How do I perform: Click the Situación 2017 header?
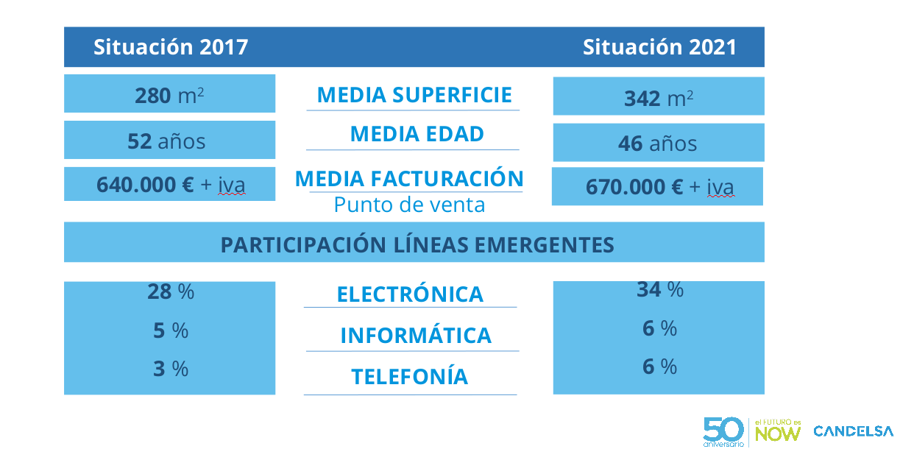click(171, 47)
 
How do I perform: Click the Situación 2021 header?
click(659, 47)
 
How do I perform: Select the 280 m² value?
click(169, 95)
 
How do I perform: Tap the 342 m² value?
click(658, 98)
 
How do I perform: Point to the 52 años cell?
click(166, 141)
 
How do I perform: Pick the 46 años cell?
click(657, 143)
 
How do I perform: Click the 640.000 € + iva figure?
click(170, 185)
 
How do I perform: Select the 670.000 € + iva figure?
click(659, 187)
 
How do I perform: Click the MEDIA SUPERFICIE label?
click(414, 95)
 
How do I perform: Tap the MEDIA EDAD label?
click(417, 134)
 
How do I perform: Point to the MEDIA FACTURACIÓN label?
click(409, 179)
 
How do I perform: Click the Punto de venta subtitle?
click(409, 205)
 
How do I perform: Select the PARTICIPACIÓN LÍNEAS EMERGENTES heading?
click(417, 244)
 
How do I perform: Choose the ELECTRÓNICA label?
click(410, 294)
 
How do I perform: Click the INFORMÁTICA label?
click(416, 336)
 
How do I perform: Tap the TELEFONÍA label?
click(409, 377)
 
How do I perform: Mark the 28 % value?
click(171, 291)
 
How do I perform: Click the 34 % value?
click(659, 290)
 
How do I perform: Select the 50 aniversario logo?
click(723, 432)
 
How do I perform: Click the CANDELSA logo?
click(853, 431)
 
